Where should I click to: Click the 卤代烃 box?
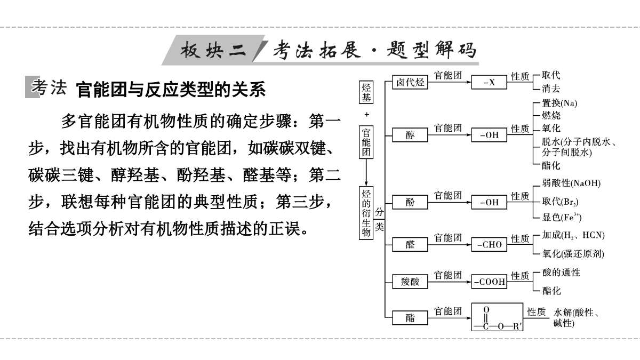[410, 83]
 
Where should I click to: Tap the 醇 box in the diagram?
[410, 135]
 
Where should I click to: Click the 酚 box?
[410, 202]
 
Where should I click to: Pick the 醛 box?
[410, 244]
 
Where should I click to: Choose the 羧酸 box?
[410, 282]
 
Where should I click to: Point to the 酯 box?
[410, 318]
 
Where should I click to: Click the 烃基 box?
[366, 92]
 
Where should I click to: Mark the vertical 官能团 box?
[366, 142]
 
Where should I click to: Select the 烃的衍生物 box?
[366, 212]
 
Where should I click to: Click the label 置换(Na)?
[559, 103]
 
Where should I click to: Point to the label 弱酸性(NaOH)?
[571, 183]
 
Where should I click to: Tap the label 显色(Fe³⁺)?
[562, 217]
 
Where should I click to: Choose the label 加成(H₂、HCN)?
[573, 235]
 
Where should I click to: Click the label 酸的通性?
[561, 273]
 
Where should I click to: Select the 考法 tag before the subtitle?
[48, 87]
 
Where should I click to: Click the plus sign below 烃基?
[366, 115]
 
